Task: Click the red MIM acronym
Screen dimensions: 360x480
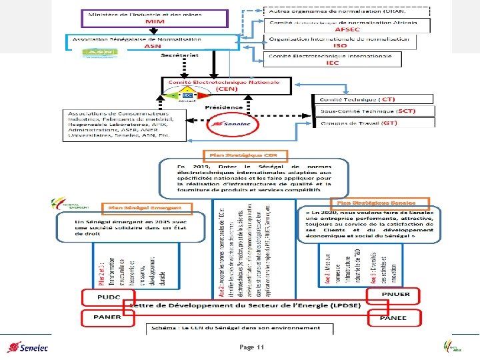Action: (x=141, y=22)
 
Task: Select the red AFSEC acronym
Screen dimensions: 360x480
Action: (x=348, y=29)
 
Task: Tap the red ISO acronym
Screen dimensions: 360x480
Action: (x=340, y=45)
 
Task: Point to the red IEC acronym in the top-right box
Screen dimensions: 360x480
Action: (x=332, y=63)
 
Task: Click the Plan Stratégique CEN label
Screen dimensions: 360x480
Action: (x=248, y=155)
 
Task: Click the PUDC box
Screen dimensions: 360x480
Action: (x=107, y=295)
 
